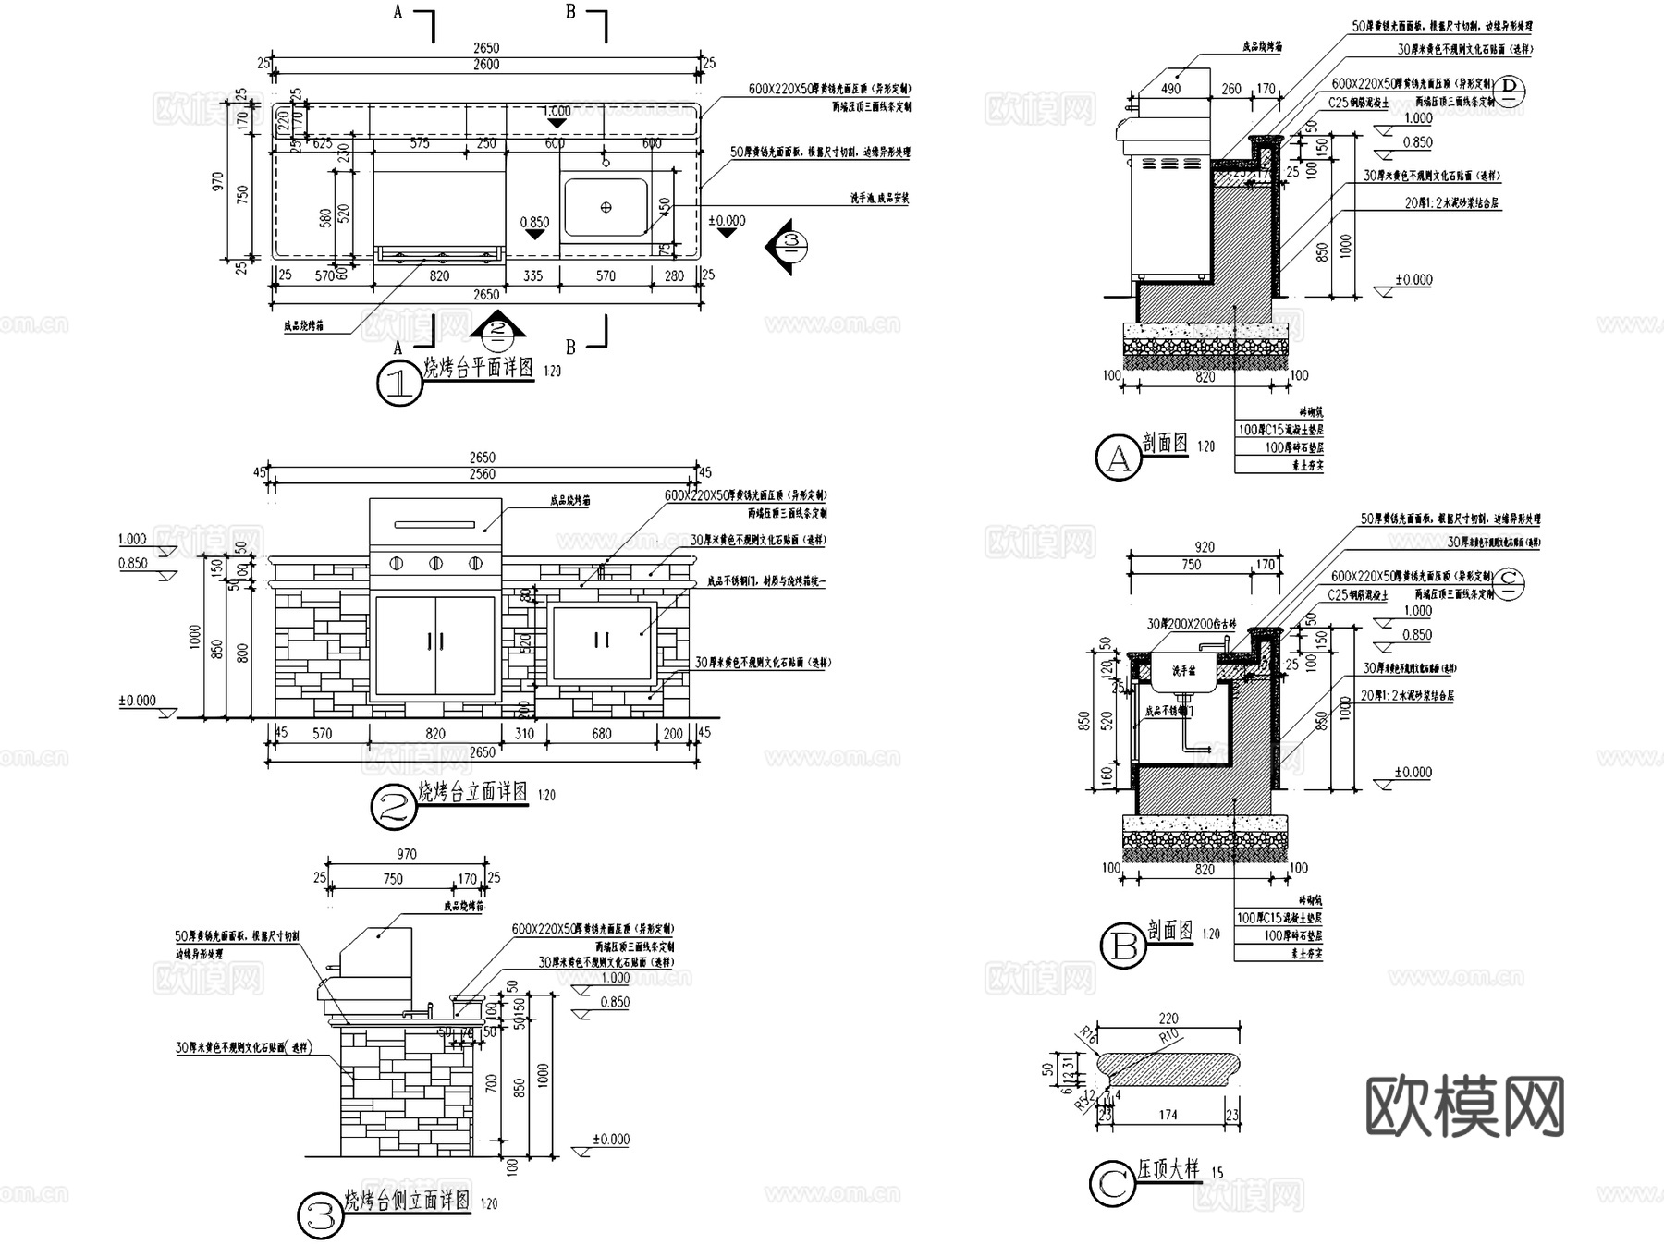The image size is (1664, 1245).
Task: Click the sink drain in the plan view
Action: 606,207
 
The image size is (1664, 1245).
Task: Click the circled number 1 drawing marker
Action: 399,384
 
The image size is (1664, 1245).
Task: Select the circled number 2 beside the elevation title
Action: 394,809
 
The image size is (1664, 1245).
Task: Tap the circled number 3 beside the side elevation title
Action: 321,1217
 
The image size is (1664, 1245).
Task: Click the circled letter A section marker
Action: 1119,458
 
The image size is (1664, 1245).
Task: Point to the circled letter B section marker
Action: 1123,946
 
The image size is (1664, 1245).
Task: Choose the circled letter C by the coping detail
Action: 1112,1184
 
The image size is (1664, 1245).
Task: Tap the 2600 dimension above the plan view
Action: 486,65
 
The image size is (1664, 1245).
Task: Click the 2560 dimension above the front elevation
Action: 482,474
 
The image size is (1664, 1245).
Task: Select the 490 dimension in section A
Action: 1170,90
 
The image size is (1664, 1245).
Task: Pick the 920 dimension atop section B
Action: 1204,547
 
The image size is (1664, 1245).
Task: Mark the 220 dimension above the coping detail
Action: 1168,1019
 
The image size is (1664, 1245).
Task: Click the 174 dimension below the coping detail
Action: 1168,1116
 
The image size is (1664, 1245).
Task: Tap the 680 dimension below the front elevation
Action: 602,734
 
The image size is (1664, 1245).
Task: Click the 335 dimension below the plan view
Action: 533,275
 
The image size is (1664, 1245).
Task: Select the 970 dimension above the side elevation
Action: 407,855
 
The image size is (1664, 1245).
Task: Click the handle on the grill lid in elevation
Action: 434,525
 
